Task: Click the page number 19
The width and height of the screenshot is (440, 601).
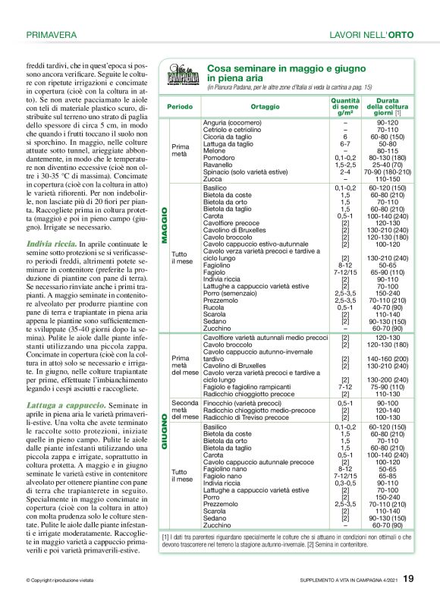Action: [x=408, y=579]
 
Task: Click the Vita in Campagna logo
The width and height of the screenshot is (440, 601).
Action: [x=183, y=77]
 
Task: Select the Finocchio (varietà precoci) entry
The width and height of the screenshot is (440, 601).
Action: [x=243, y=403]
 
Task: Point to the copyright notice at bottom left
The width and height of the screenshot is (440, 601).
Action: [x=59, y=581]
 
